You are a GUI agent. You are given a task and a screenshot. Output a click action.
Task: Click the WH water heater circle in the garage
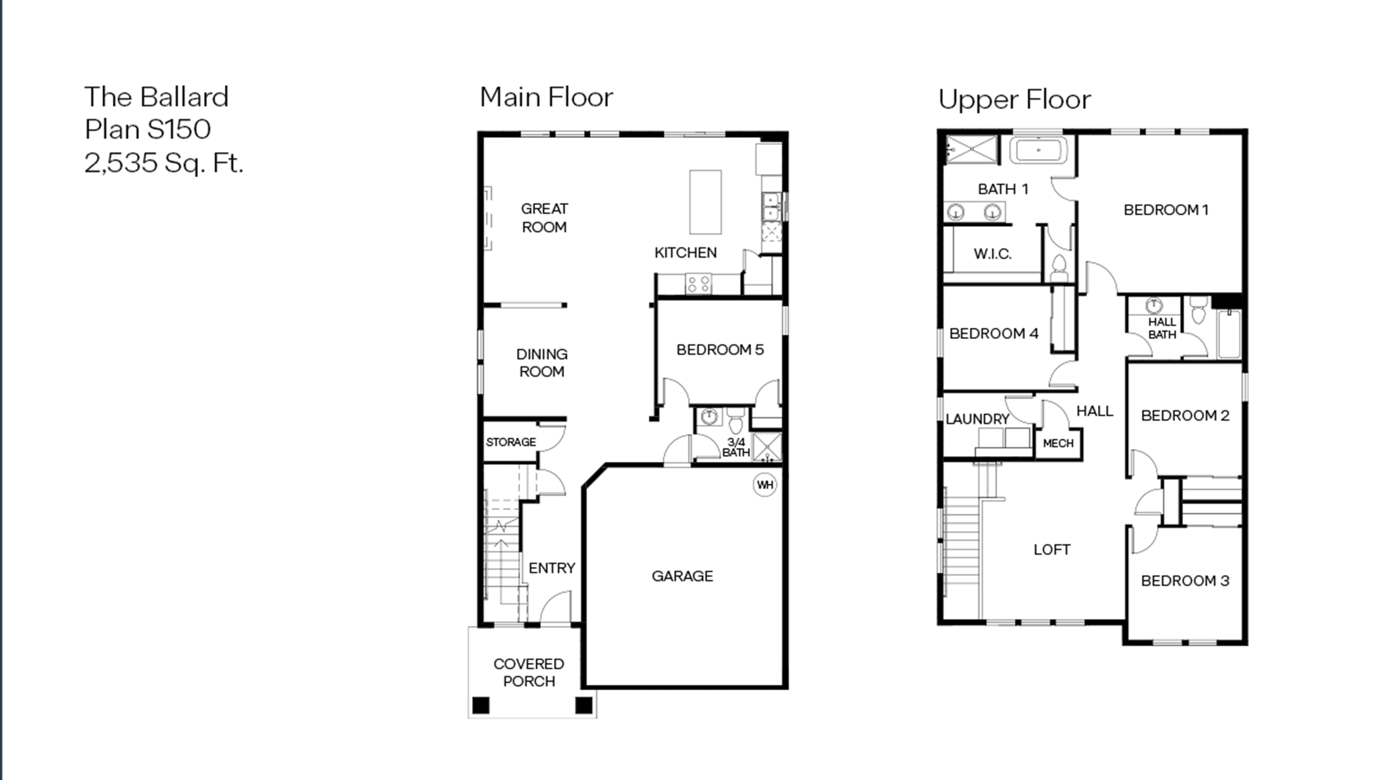pyautogui.click(x=764, y=485)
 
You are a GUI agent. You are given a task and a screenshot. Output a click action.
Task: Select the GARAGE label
pyautogui.click(x=682, y=576)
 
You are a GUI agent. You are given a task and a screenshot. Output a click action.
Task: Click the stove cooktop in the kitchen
pyautogui.click(x=698, y=284)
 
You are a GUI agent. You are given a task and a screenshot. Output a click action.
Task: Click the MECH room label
pyautogui.click(x=1058, y=443)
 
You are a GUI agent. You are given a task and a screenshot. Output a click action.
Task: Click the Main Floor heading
pyautogui.click(x=546, y=97)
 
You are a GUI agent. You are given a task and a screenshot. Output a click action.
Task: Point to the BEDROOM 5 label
pyautogui.click(x=720, y=350)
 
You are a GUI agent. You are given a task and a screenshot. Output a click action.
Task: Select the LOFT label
pyautogui.click(x=1052, y=549)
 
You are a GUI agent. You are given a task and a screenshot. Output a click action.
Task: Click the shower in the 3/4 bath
pyautogui.click(x=767, y=447)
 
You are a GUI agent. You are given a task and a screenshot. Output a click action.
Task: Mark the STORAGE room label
pyautogui.click(x=511, y=442)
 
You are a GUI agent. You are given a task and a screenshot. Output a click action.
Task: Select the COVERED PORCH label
pyautogui.click(x=529, y=672)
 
